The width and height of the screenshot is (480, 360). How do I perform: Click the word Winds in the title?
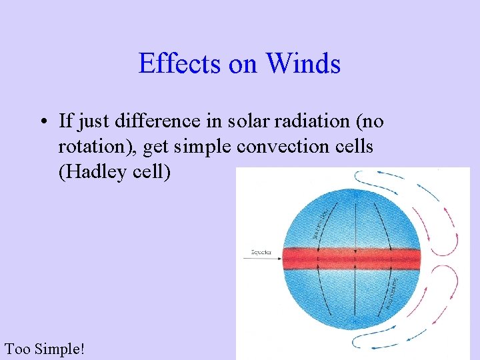pyautogui.click(x=303, y=64)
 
